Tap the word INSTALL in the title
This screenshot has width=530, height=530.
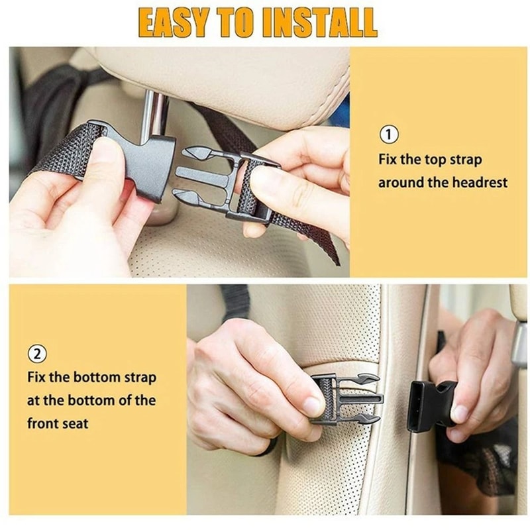pos(319,23)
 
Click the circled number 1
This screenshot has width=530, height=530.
pos(389,135)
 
